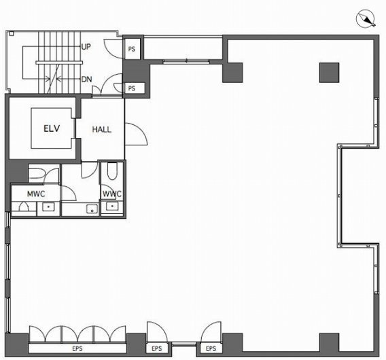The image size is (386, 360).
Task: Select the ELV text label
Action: [x=52, y=127]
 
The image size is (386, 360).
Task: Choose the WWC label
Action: [x=111, y=194]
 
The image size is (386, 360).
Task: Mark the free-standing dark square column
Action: [x=329, y=71]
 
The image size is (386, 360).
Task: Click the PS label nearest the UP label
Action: [x=132, y=48]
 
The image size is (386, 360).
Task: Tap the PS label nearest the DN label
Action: [x=132, y=88]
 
